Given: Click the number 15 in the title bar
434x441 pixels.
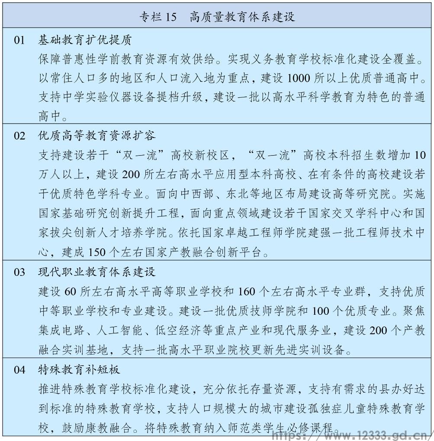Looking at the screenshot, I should click(x=171, y=17).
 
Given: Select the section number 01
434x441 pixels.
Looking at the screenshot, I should click(x=19, y=41).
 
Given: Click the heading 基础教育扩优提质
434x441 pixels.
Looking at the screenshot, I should click(x=85, y=41).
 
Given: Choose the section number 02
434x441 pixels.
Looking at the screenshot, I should click(x=19, y=135).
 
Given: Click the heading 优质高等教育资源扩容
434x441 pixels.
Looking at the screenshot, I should click(x=97, y=135).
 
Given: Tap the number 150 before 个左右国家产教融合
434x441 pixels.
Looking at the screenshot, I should click(x=96, y=252).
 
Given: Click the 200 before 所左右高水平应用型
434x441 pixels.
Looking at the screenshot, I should click(x=132, y=174).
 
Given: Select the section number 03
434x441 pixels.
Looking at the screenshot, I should click(x=19, y=272).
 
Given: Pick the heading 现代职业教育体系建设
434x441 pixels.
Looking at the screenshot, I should click(x=97, y=272).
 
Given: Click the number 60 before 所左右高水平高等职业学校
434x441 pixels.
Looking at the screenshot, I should click(x=70, y=291).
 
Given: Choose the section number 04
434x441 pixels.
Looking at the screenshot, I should click(x=19, y=370).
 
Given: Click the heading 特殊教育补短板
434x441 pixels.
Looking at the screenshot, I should click(x=79, y=370).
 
